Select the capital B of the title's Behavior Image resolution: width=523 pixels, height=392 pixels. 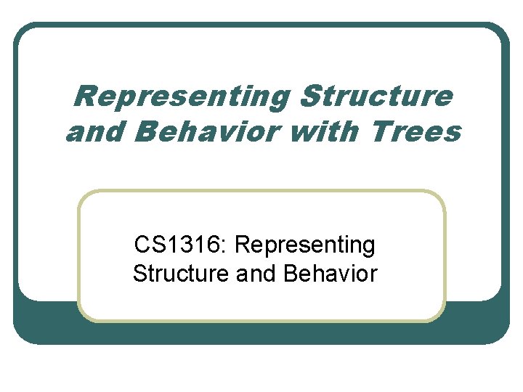tap(144, 132)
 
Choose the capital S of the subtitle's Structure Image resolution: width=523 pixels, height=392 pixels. tap(139, 274)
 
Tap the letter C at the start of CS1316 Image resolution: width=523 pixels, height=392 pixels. tap(142, 245)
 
